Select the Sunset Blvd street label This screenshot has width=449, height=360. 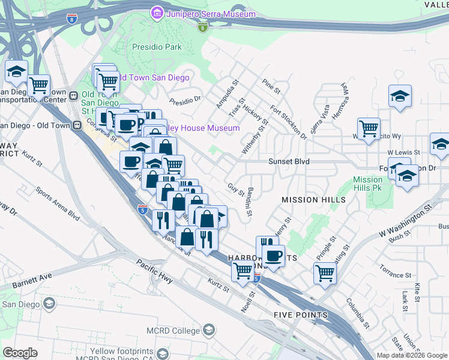pos(289,161)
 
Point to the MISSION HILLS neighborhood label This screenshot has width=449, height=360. pos(314,199)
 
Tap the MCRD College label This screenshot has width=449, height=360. pos(172,331)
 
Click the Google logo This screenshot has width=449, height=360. pos(20,353)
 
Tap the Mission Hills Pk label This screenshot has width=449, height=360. pos(367,184)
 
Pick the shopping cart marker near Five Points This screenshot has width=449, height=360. pos(325,272)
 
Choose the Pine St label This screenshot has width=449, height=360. pos(271,86)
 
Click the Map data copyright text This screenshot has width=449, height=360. pos(411,355)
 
